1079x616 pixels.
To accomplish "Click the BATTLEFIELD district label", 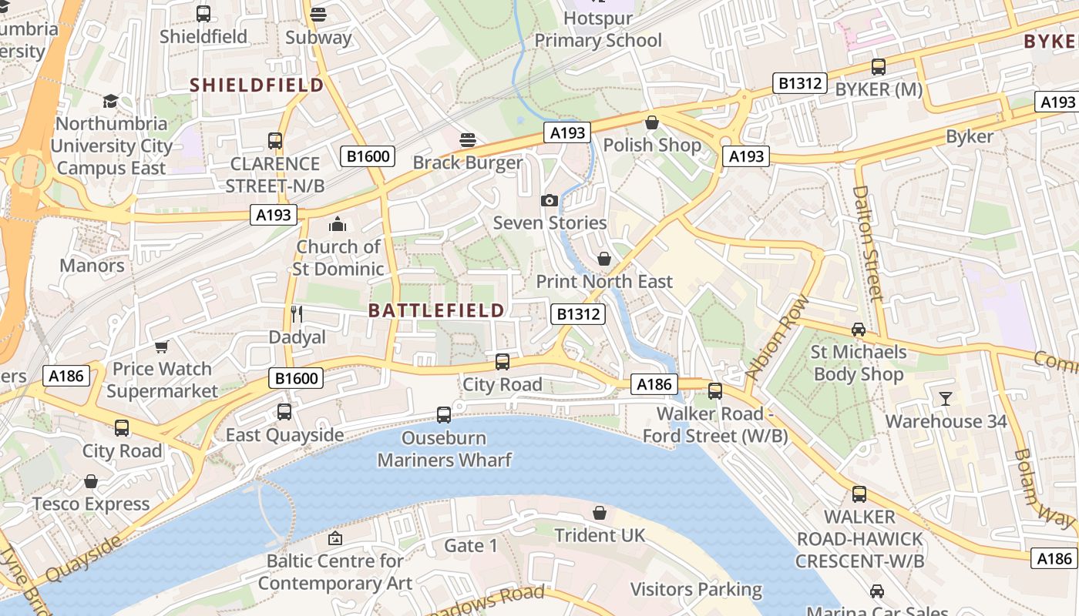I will [x=436, y=310].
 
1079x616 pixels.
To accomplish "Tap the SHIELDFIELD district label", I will [x=257, y=85].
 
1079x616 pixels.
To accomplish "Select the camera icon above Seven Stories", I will [x=549, y=201].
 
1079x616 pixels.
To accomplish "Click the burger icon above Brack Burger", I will [x=467, y=139].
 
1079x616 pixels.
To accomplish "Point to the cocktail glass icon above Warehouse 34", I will [x=945, y=398].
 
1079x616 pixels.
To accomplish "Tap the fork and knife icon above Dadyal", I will [x=297, y=313].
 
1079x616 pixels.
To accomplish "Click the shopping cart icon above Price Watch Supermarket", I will [x=161, y=346].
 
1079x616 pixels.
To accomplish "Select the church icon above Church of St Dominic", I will [x=337, y=224].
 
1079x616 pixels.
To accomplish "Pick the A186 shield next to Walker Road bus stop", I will [x=654, y=384].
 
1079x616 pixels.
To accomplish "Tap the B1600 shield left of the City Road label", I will [x=296, y=377].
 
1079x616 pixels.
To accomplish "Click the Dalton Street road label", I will [x=867, y=242].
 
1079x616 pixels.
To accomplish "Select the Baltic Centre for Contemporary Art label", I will [x=335, y=572].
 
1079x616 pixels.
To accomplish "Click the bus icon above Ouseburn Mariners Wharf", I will [x=443, y=415].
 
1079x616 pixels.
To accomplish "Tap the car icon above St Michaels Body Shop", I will [x=858, y=330].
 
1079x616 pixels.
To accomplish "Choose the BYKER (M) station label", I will [x=879, y=89].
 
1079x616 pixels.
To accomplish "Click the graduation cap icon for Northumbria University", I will [x=110, y=101].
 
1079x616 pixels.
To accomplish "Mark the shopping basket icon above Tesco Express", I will [x=91, y=482].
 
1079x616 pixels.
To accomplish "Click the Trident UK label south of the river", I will [x=595, y=535].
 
